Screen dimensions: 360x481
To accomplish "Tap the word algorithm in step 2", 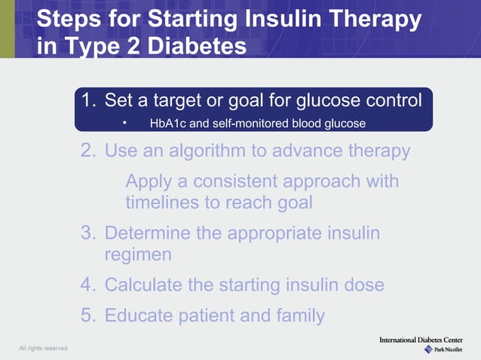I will (207, 151).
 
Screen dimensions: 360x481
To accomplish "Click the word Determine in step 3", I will (148, 233).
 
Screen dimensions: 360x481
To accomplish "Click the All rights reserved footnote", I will (44, 348).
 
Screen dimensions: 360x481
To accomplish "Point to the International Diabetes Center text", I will (427, 340).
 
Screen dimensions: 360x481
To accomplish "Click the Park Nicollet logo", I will (445, 350).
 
